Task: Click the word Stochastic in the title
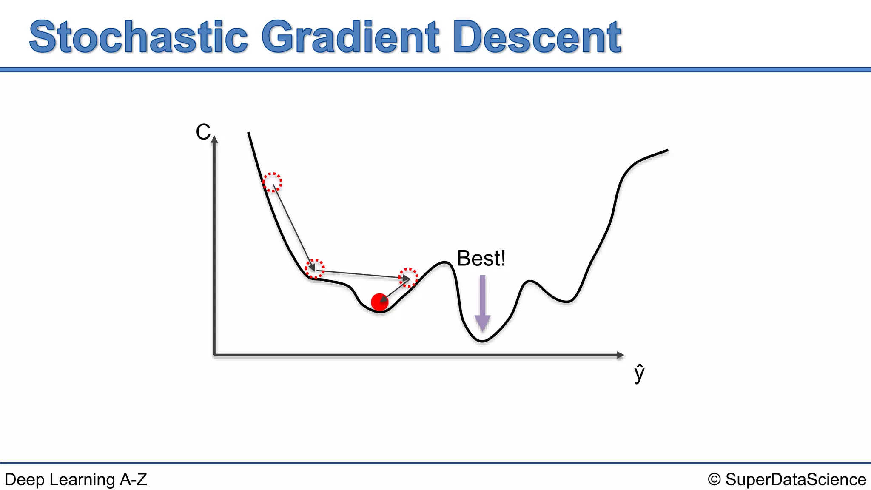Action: point(139,37)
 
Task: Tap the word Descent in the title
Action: point(538,37)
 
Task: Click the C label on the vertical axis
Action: point(203,132)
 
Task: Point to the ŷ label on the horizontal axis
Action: point(639,373)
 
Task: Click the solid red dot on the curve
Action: point(379,302)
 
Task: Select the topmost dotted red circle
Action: point(272,182)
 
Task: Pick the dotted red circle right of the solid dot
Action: point(408,277)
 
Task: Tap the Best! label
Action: point(481,258)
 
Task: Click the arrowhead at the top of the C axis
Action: point(214,139)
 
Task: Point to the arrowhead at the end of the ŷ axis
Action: point(621,355)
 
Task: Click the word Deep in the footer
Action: point(24,480)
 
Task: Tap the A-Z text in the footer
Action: point(134,480)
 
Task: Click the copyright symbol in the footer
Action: point(714,480)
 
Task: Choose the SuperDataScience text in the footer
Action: point(795,480)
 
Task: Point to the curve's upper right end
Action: point(667,150)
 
